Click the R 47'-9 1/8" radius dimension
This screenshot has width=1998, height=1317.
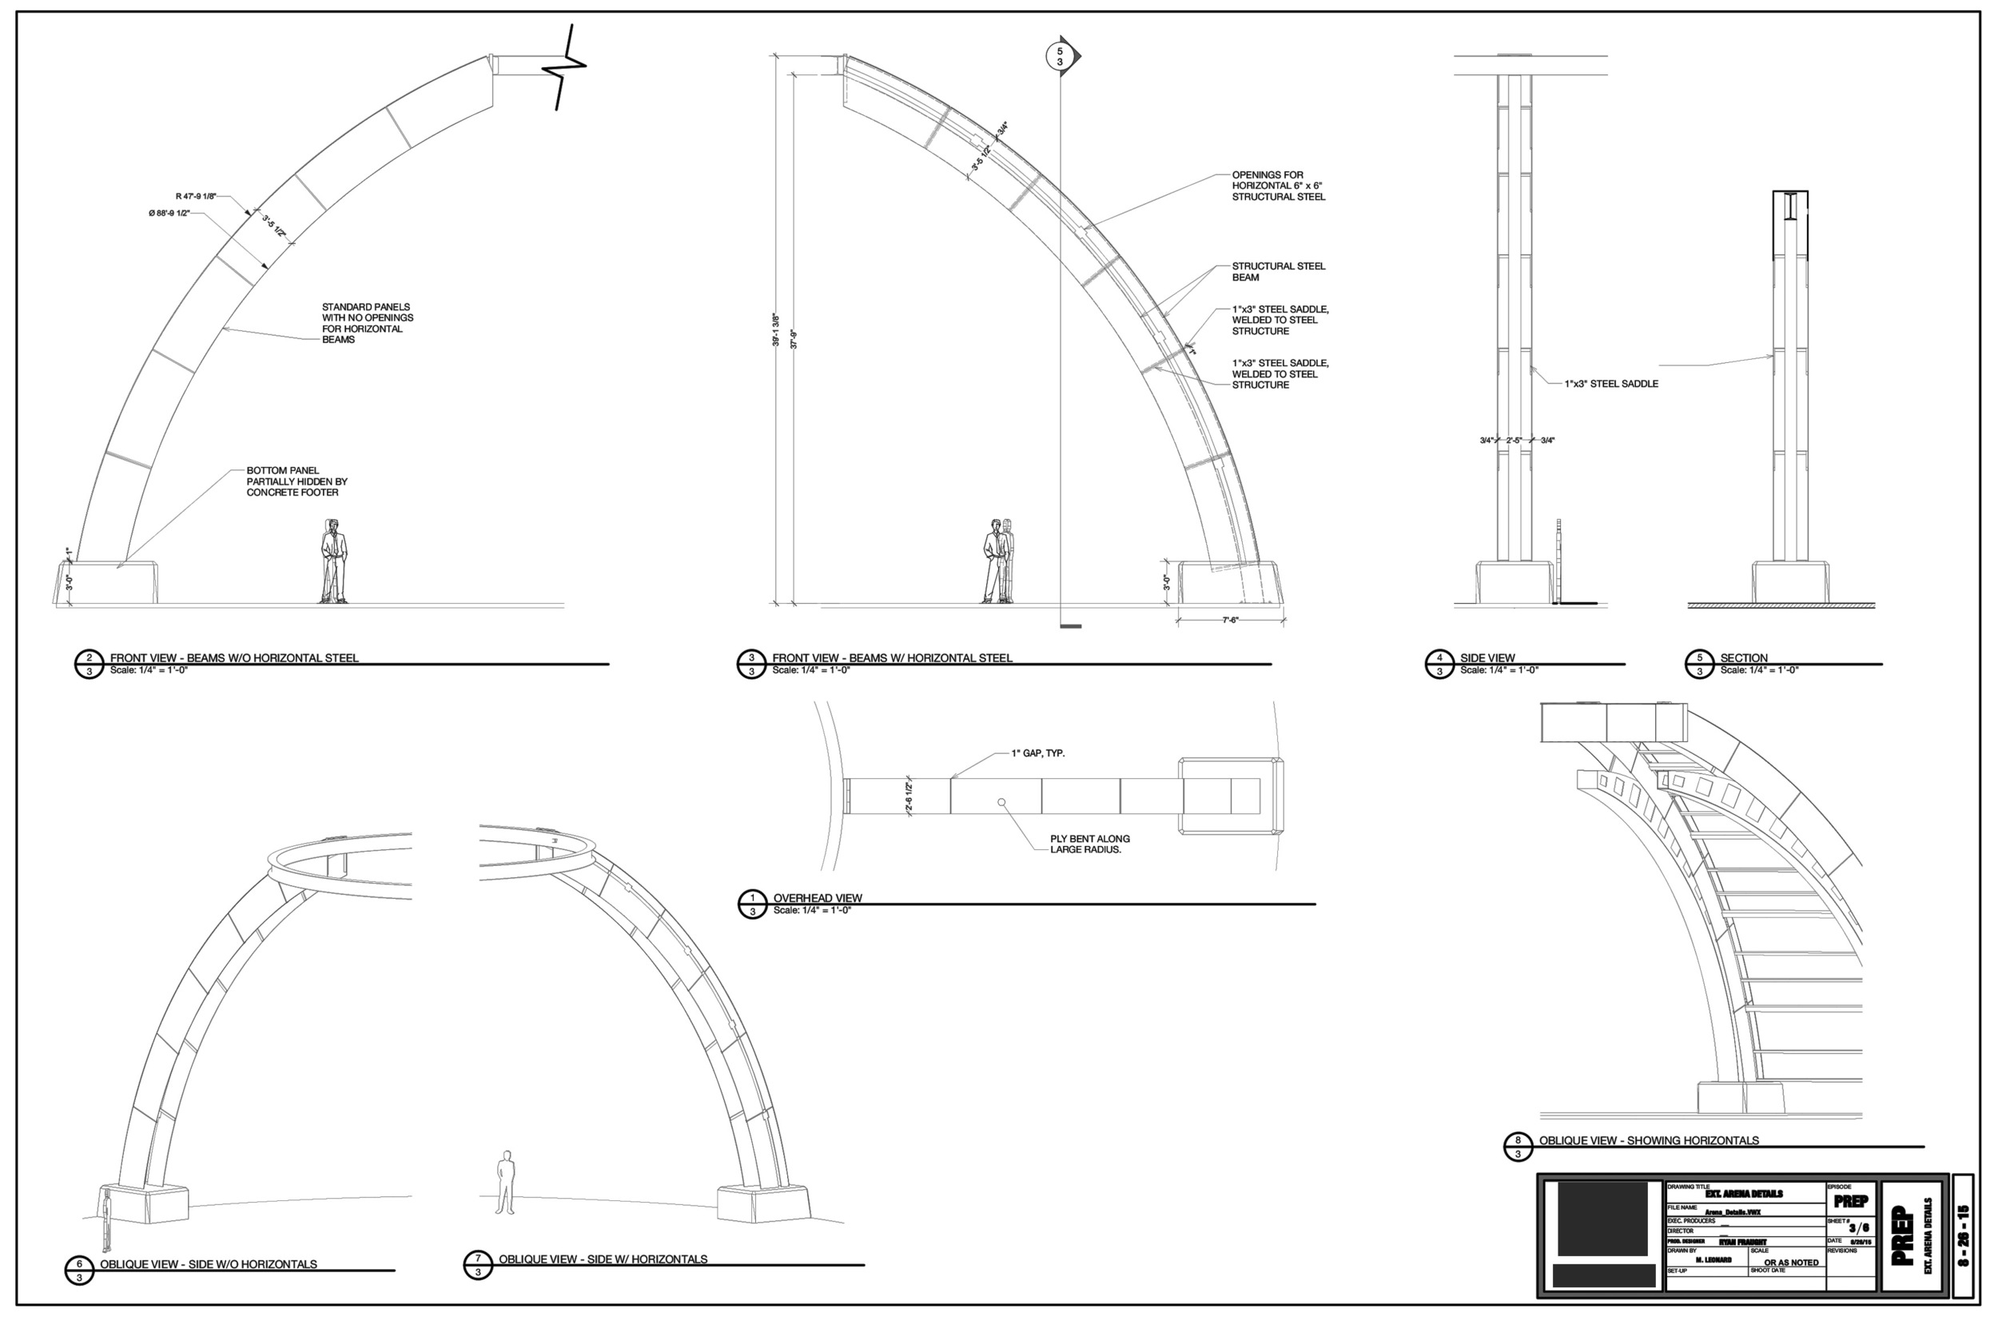tap(196, 197)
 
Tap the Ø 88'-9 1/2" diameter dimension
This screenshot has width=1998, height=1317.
tap(169, 214)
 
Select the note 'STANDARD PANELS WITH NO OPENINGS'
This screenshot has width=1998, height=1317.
tap(368, 322)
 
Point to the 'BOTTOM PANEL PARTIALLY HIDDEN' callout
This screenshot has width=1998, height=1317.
tap(297, 481)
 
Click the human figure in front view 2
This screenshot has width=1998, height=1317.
tap(334, 561)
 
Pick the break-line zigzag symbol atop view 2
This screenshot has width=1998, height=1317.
tap(568, 67)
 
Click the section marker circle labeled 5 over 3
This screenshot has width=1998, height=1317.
tap(1060, 57)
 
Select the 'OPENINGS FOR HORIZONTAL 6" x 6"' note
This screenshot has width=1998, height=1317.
tap(1278, 186)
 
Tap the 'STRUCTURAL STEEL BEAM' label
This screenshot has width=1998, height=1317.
tap(1278, 271)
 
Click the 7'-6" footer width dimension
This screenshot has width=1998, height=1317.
tap(1230, 620)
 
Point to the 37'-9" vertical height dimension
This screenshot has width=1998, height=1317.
tap(794, 339)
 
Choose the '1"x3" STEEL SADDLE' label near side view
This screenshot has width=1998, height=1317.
tap(1611, 384)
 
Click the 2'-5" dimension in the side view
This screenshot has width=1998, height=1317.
tap(1514, 440)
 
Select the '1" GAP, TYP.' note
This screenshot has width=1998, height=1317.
tap(1037, 753)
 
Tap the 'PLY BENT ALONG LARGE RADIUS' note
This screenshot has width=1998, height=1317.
tap(1089, 844)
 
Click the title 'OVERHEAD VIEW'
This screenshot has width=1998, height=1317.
tap(817, 898)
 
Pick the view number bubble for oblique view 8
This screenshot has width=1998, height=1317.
tap(1517, 1147)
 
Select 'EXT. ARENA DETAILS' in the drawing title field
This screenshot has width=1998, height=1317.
tap(1744, 1194)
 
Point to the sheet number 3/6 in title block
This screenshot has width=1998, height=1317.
tap(1858, 1228)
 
